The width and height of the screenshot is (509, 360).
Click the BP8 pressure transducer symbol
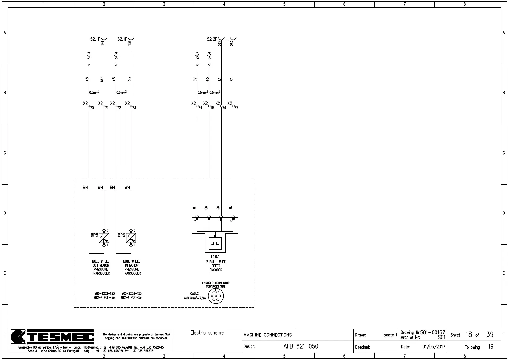pyautogui.click(x=104, y=238)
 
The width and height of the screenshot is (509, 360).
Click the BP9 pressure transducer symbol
pyautogui.click(x=131, y=238)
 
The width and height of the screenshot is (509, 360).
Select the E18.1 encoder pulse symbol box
pyautogui.click(x=215, y=244)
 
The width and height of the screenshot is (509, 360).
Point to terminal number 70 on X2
pyautogui.click(x=92, y=108)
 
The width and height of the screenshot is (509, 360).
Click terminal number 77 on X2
pyautogui.click(x=236, y=108)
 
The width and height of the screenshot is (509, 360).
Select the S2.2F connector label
pyautogui.click(x=212, y=39)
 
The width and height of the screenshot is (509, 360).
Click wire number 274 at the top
pyautogui.click(x=220, y=43)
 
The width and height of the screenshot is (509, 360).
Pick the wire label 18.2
pyautogui.click(x=129, y=79)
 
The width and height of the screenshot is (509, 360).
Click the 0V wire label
pyautogui.click(x=195, y=79)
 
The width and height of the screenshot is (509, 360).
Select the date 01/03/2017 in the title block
pyautogui.click(x=434, y=347)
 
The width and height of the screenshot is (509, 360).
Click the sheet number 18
pyautogui.click(x=468, y=335)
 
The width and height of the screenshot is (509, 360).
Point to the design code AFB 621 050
pyautogui.click(x=301, y=346)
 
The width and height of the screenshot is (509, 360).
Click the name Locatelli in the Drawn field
pyautogui.click(x=389, y=335)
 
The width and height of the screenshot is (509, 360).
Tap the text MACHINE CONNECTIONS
pyautogui.click(x=267, y=335)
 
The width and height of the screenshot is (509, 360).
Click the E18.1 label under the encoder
pyautogui.click(x=215, y=257)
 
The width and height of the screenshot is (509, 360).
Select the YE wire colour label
pyautogui.click(x=231, y=208)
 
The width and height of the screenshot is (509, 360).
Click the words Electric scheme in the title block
pyautogui.click(x=207, y=333)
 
